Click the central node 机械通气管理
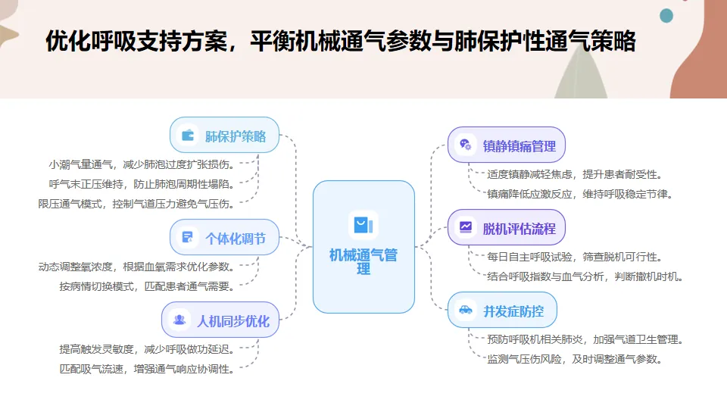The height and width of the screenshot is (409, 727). [363, 247]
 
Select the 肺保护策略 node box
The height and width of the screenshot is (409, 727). [225, 136]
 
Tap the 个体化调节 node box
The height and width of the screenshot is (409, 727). [224, 239]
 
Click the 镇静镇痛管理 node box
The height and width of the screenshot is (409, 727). [507, 145]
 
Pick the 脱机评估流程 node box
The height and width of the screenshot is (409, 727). [507, 227]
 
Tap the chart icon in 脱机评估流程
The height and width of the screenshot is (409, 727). [465, 227]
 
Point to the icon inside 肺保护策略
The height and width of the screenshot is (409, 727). [187, 136]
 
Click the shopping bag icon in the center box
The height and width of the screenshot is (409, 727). [363, 225]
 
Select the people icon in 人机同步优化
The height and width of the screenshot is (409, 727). [179, 320]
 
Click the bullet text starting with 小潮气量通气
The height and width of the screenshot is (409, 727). [142, 164]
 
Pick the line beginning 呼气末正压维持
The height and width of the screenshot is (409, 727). [142, 183]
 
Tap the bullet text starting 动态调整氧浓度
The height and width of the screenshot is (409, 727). [136, 267]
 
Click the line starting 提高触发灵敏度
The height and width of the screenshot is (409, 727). [147, 349]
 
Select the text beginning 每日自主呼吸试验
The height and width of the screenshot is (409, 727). [573, 257]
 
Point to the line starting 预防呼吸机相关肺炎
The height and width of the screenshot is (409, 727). [585, 339]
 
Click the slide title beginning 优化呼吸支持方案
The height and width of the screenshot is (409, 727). [340, 41]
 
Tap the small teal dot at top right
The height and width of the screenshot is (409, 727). [666, 15]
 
